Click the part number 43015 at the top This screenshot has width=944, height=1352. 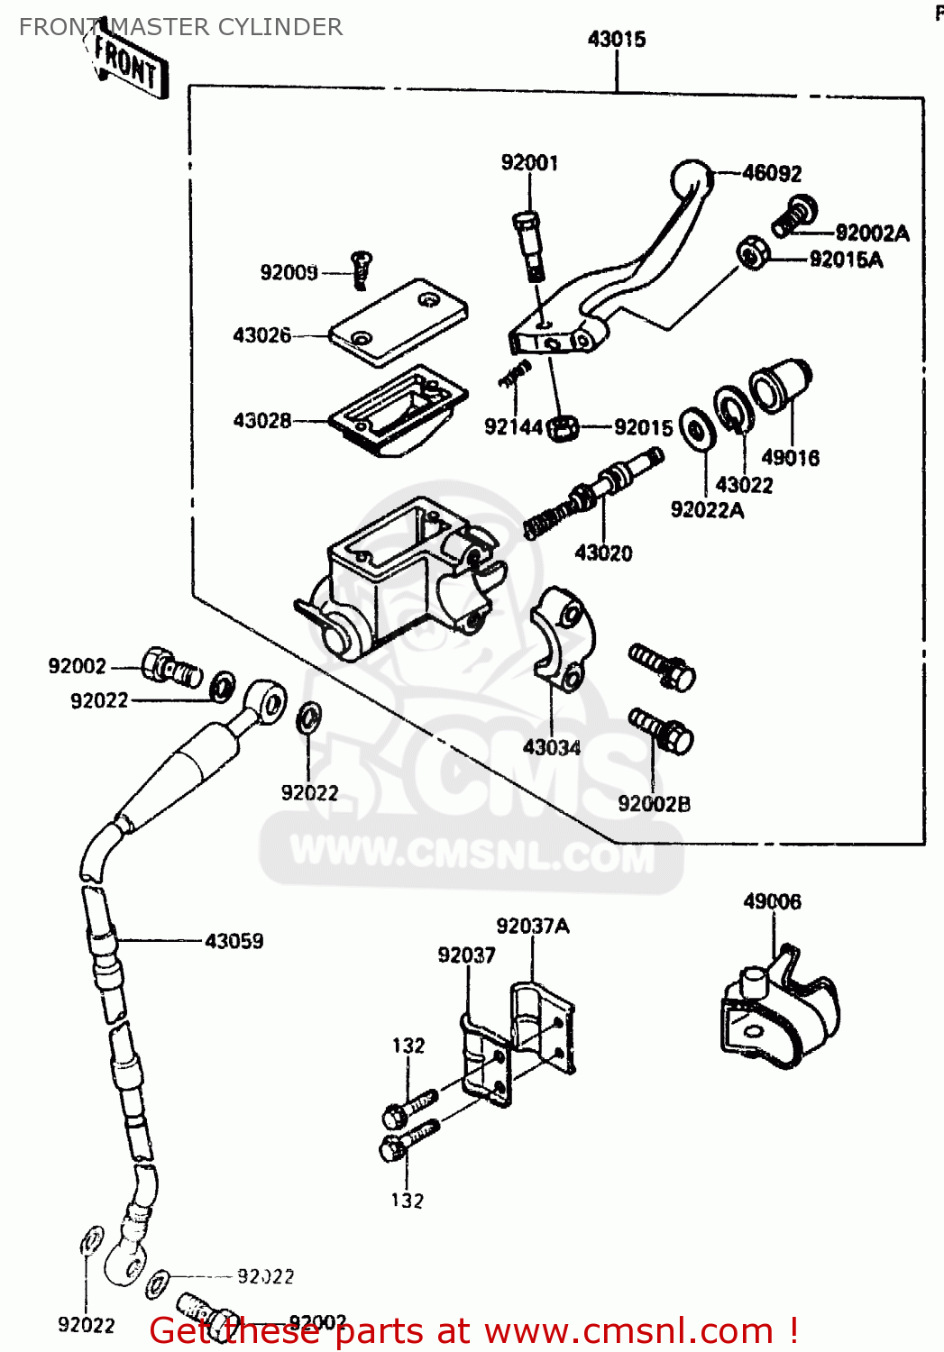tap(617, 39)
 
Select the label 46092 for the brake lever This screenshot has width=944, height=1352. tap(772, 173)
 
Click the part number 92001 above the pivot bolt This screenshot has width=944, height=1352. tap(529, 163)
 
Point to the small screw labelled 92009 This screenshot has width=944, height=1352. tap(362, 269)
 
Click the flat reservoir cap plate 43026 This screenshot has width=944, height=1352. tap(398, 322)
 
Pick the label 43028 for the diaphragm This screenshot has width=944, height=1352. tap(261, 421)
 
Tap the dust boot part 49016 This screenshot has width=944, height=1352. tap(781, 386)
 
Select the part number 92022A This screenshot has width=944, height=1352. tap(707, 510)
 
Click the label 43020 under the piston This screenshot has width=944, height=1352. tap(603, 553)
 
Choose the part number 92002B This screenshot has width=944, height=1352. tap(654, 804)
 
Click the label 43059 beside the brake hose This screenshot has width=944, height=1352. tap(234, 942)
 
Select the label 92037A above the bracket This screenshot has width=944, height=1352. tap(532, 927)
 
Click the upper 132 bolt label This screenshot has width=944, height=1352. tap(408, 1046)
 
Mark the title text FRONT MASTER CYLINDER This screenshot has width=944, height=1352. tap(180, 27)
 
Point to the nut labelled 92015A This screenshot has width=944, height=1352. tap(751, 253)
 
